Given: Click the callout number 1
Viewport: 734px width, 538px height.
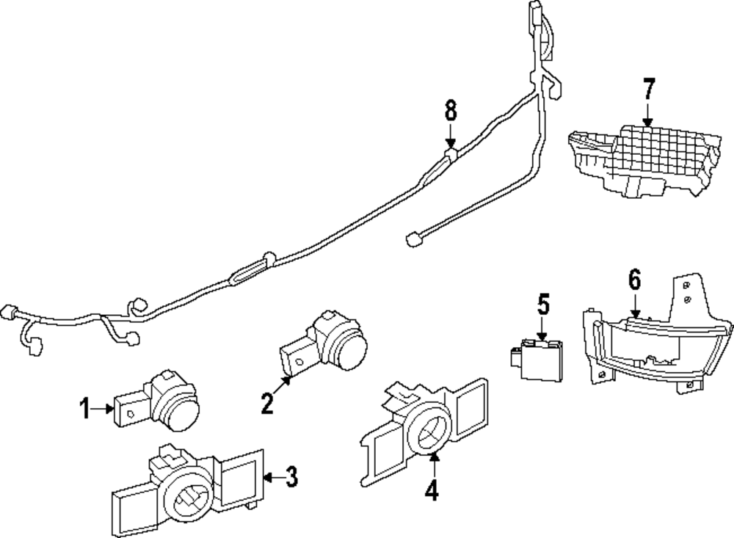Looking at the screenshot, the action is coord(84,408).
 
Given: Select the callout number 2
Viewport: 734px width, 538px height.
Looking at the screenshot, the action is coord(267,403).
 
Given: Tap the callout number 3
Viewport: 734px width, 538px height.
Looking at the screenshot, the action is coord(291,477).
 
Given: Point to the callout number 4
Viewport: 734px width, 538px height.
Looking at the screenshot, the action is coord(432,490).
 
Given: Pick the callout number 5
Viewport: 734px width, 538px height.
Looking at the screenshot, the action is coord(543,305).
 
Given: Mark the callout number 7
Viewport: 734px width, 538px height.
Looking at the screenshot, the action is coord(648,89).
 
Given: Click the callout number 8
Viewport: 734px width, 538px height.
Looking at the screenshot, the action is coord(451,112).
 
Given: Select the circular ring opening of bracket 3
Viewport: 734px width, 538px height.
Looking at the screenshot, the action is coord(189,501).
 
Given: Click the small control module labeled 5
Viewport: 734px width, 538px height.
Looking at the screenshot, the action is coord(538,360).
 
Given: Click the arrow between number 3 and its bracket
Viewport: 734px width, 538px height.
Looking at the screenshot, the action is coord(273,478).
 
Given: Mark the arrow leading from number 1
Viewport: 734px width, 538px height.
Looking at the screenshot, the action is coord(103,409).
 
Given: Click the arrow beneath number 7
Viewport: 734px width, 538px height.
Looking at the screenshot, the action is coord(648,114).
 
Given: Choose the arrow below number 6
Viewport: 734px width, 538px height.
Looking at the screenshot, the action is coord(635,305).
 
